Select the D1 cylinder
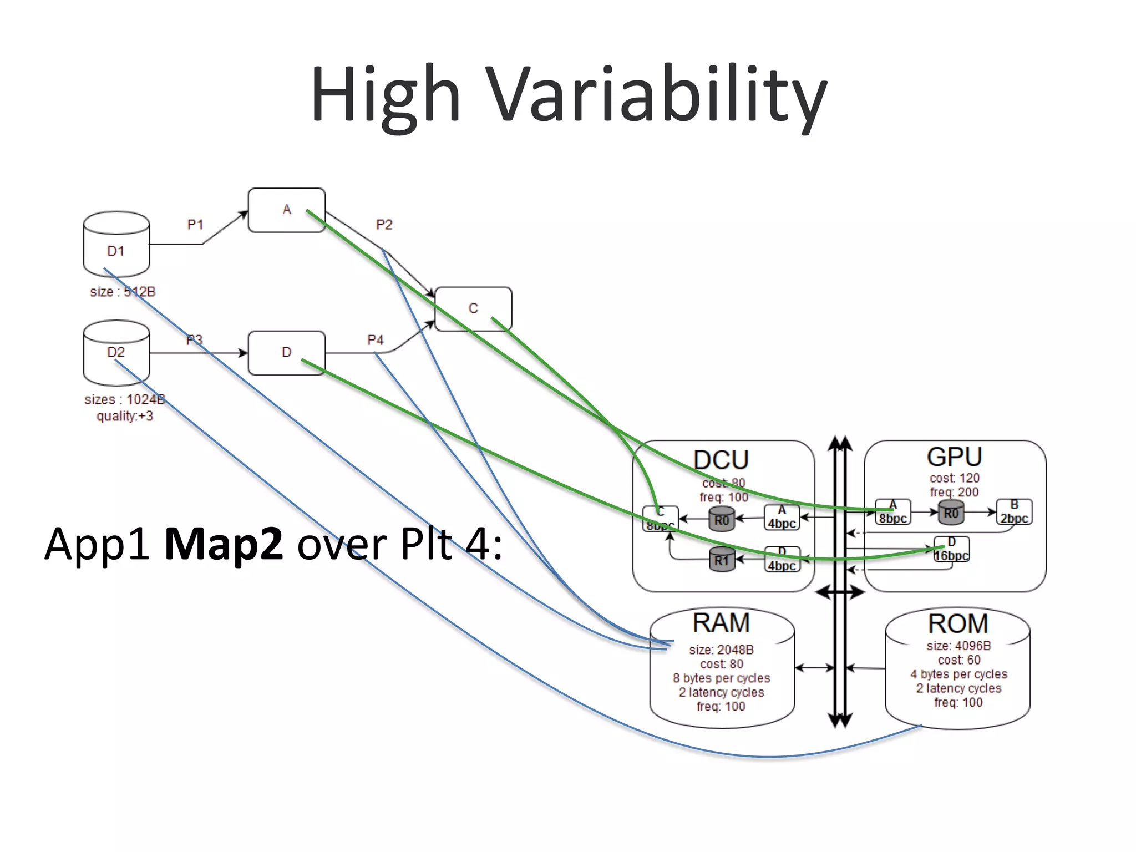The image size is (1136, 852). (116, 244)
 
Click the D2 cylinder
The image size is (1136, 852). (116, 353)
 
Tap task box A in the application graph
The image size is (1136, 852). (286, 210)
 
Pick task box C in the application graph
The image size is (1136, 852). (473, 309)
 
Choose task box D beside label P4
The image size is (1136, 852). (286, 353)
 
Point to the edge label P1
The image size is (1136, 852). (195, 225)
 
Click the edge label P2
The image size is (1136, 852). (384, 225)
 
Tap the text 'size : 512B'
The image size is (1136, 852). (123, 292)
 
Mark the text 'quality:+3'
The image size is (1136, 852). (125, 416)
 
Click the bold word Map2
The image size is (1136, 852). (224, 544)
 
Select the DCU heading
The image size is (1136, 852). (721, 460)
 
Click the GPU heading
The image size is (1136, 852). (954, 457)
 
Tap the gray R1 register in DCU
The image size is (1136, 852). (722, 560)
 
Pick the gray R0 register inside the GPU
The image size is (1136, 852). (951, 513)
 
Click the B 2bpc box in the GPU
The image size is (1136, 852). (1014, 512)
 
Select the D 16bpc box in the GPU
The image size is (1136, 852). (951, 549)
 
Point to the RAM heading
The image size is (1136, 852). (721, 623)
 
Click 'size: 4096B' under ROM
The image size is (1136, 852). (958, 646)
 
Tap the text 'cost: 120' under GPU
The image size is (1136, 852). (954, 478)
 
